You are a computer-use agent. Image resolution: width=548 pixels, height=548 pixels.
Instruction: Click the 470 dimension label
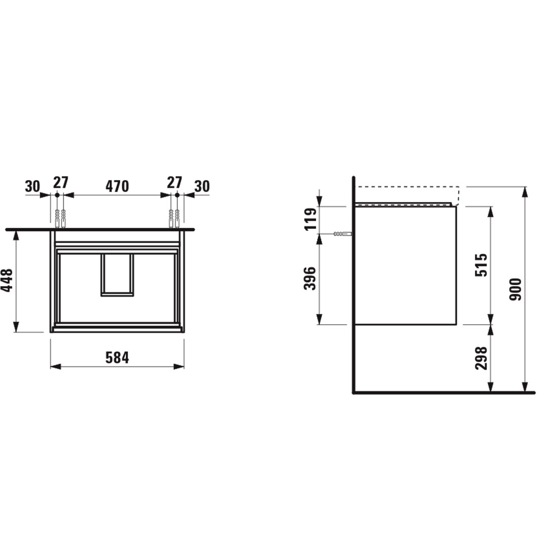(117, 186)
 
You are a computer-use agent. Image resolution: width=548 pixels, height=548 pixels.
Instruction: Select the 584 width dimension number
(117, 358)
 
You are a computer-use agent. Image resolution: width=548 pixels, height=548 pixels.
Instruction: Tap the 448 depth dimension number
(7, 280)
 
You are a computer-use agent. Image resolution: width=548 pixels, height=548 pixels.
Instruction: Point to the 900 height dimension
(516, 289)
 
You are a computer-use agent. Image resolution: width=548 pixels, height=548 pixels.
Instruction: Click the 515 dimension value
(481, 265)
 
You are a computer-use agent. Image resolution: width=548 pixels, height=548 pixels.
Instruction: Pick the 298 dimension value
(481, 358)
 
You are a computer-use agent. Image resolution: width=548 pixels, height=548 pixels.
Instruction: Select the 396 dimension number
(310, 279)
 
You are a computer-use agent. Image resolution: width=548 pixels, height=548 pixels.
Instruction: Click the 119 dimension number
(311, 219)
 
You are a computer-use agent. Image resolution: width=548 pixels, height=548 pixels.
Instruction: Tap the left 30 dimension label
(32, 187)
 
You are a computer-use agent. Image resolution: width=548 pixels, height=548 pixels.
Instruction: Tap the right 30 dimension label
(202, 186)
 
